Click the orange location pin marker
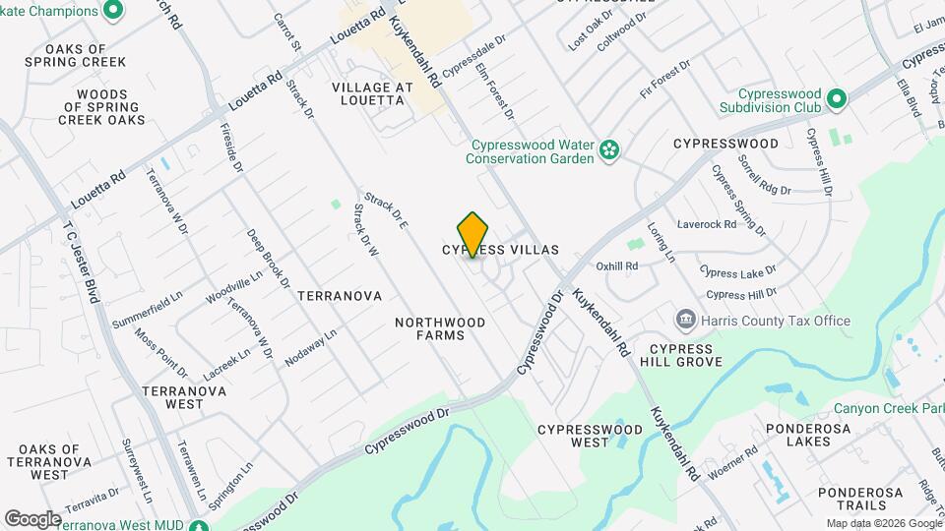pyautogui.click(x=473, y=234)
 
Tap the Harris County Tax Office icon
pyautogui.click(x=685, y=321)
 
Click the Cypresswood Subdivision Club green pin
pyautogui.click(x=837, y=99)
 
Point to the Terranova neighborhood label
pyautogui.click(x=339, y=295)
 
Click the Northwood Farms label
pyautogui.click(x=441, y=328)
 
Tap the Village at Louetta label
pyautogui.click(x=372, y=94)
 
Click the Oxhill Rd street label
pyautogui.click(x=617, y=265)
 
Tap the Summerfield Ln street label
pyautogui.click(x=148, y=308)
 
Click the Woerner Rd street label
pyautogui.click(x=732, y=463)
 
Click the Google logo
pyautogui.click(x=31, y=518)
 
